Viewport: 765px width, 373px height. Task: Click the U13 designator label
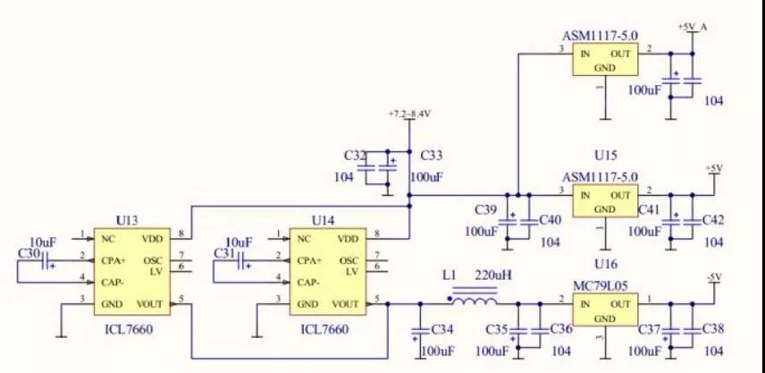(128, 220)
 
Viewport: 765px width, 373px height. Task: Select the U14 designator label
(323, 220)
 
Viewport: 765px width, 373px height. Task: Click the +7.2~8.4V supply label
(410, 114)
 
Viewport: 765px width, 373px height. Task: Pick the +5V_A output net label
(693, 27)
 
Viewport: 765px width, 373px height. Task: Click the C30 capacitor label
(29, 253)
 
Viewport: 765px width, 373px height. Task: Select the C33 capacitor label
(432, 156)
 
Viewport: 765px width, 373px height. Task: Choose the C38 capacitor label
(713, 330)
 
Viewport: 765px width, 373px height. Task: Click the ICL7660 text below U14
(324, 329)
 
